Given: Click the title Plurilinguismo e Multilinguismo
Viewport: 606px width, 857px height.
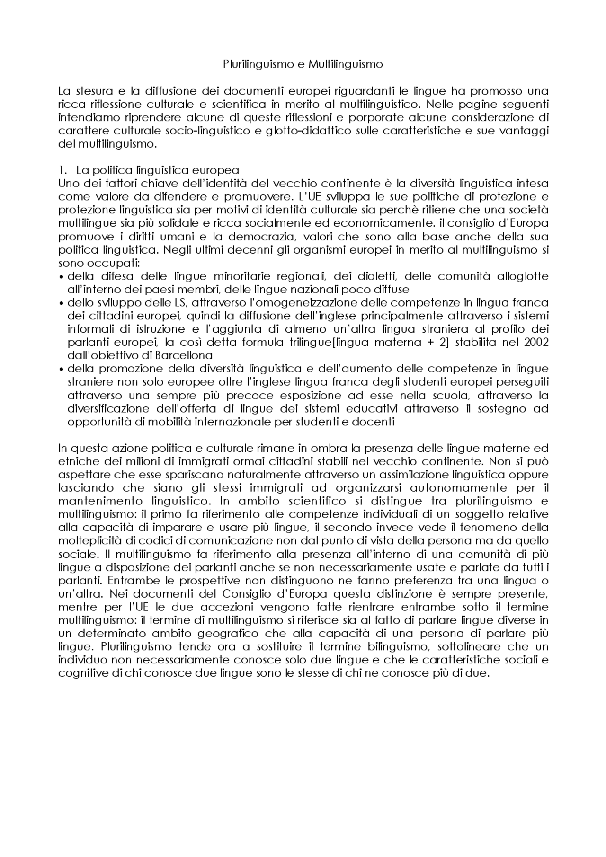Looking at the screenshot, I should [x=303, y=64].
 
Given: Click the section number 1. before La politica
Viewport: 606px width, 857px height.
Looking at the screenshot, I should [x=62, y=170].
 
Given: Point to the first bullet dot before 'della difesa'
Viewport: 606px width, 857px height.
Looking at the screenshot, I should [x=62, y=276].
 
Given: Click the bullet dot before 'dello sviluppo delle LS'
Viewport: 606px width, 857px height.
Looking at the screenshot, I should [x=62, y=303].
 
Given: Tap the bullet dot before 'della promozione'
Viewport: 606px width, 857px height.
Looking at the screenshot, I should [x=62, y=369].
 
